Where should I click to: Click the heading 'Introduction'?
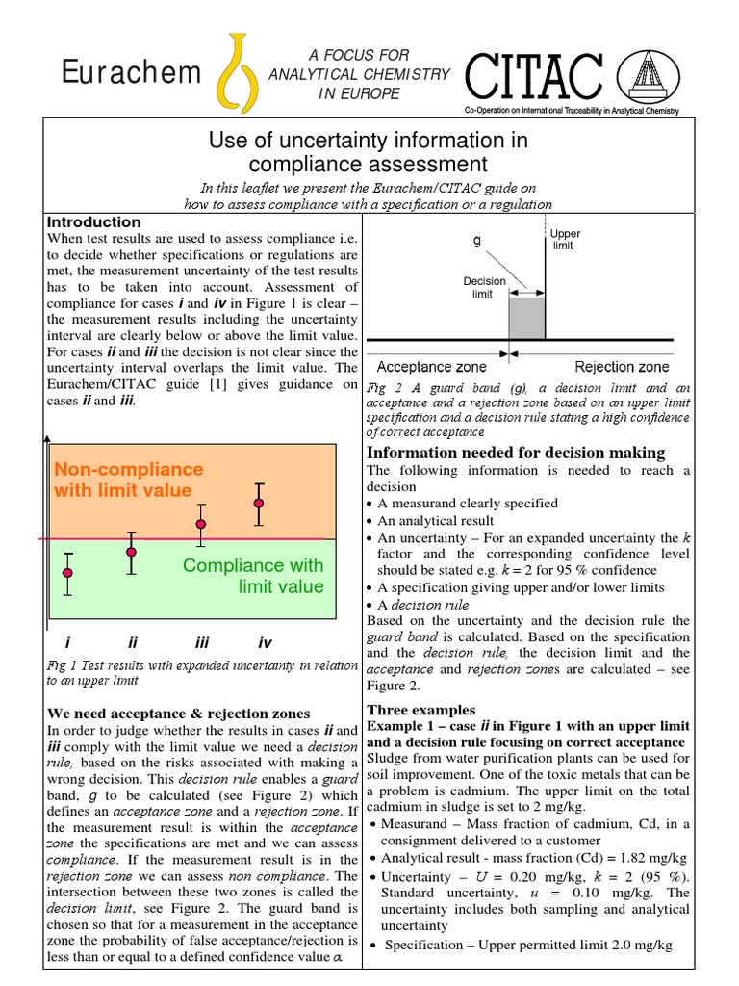coord(93,221)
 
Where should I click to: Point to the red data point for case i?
coord(67,574)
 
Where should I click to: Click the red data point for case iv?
coord(258,504)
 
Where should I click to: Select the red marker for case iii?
coord(201,524)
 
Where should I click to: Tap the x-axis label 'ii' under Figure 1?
coord(134,642)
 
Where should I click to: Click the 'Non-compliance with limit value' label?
coord(129,480)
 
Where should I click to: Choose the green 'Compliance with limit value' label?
coord(253,576)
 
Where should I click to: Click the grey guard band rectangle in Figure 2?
coord(526,317)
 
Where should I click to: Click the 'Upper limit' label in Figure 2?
coord(565,240)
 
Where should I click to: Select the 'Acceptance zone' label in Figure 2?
coord(431,366)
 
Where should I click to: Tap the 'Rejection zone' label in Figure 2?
coord(622,366)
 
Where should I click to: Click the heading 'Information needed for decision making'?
coord(516,453)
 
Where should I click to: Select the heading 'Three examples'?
coord(421,710)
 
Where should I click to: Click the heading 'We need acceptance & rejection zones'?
coord(179,714)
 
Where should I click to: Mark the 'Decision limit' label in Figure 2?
coord(484,287)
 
